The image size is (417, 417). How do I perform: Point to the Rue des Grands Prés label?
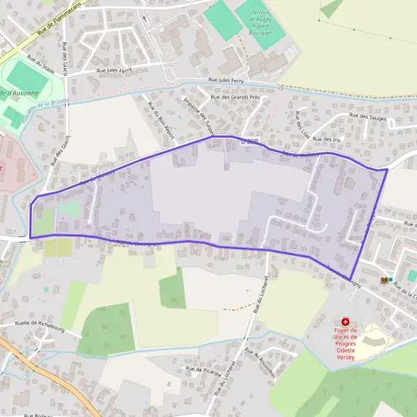(234, 97)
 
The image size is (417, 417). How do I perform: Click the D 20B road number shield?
(249, 141)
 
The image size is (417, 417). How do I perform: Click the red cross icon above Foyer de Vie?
(345, 322)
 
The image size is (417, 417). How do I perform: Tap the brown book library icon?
(384, 280)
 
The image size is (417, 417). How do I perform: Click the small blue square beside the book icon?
(391, 280)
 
